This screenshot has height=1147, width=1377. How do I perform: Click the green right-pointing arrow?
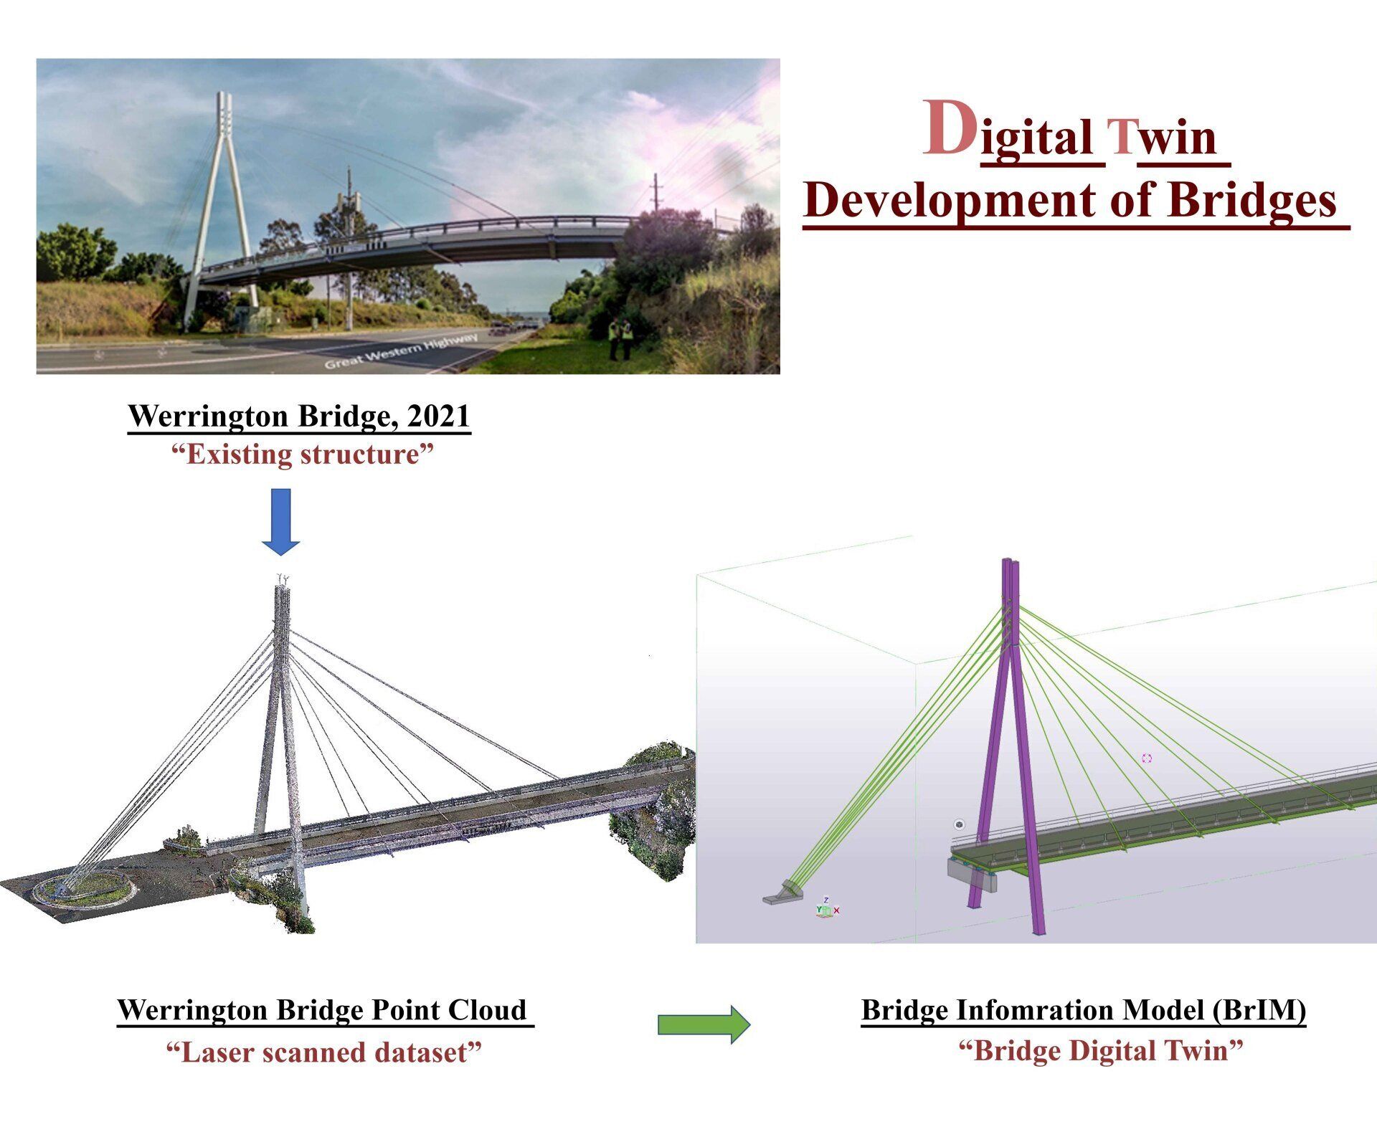tap(704, 1024)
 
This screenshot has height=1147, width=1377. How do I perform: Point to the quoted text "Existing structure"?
tap(303, 454)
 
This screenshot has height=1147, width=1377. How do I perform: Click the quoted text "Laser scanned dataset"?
tap(323, 1052)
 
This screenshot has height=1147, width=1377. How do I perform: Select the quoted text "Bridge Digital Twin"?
tap(1100, 1051)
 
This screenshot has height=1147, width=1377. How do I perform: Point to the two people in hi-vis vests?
tap(620, 338)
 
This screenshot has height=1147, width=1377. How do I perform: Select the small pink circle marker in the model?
tap(1146, 758)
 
